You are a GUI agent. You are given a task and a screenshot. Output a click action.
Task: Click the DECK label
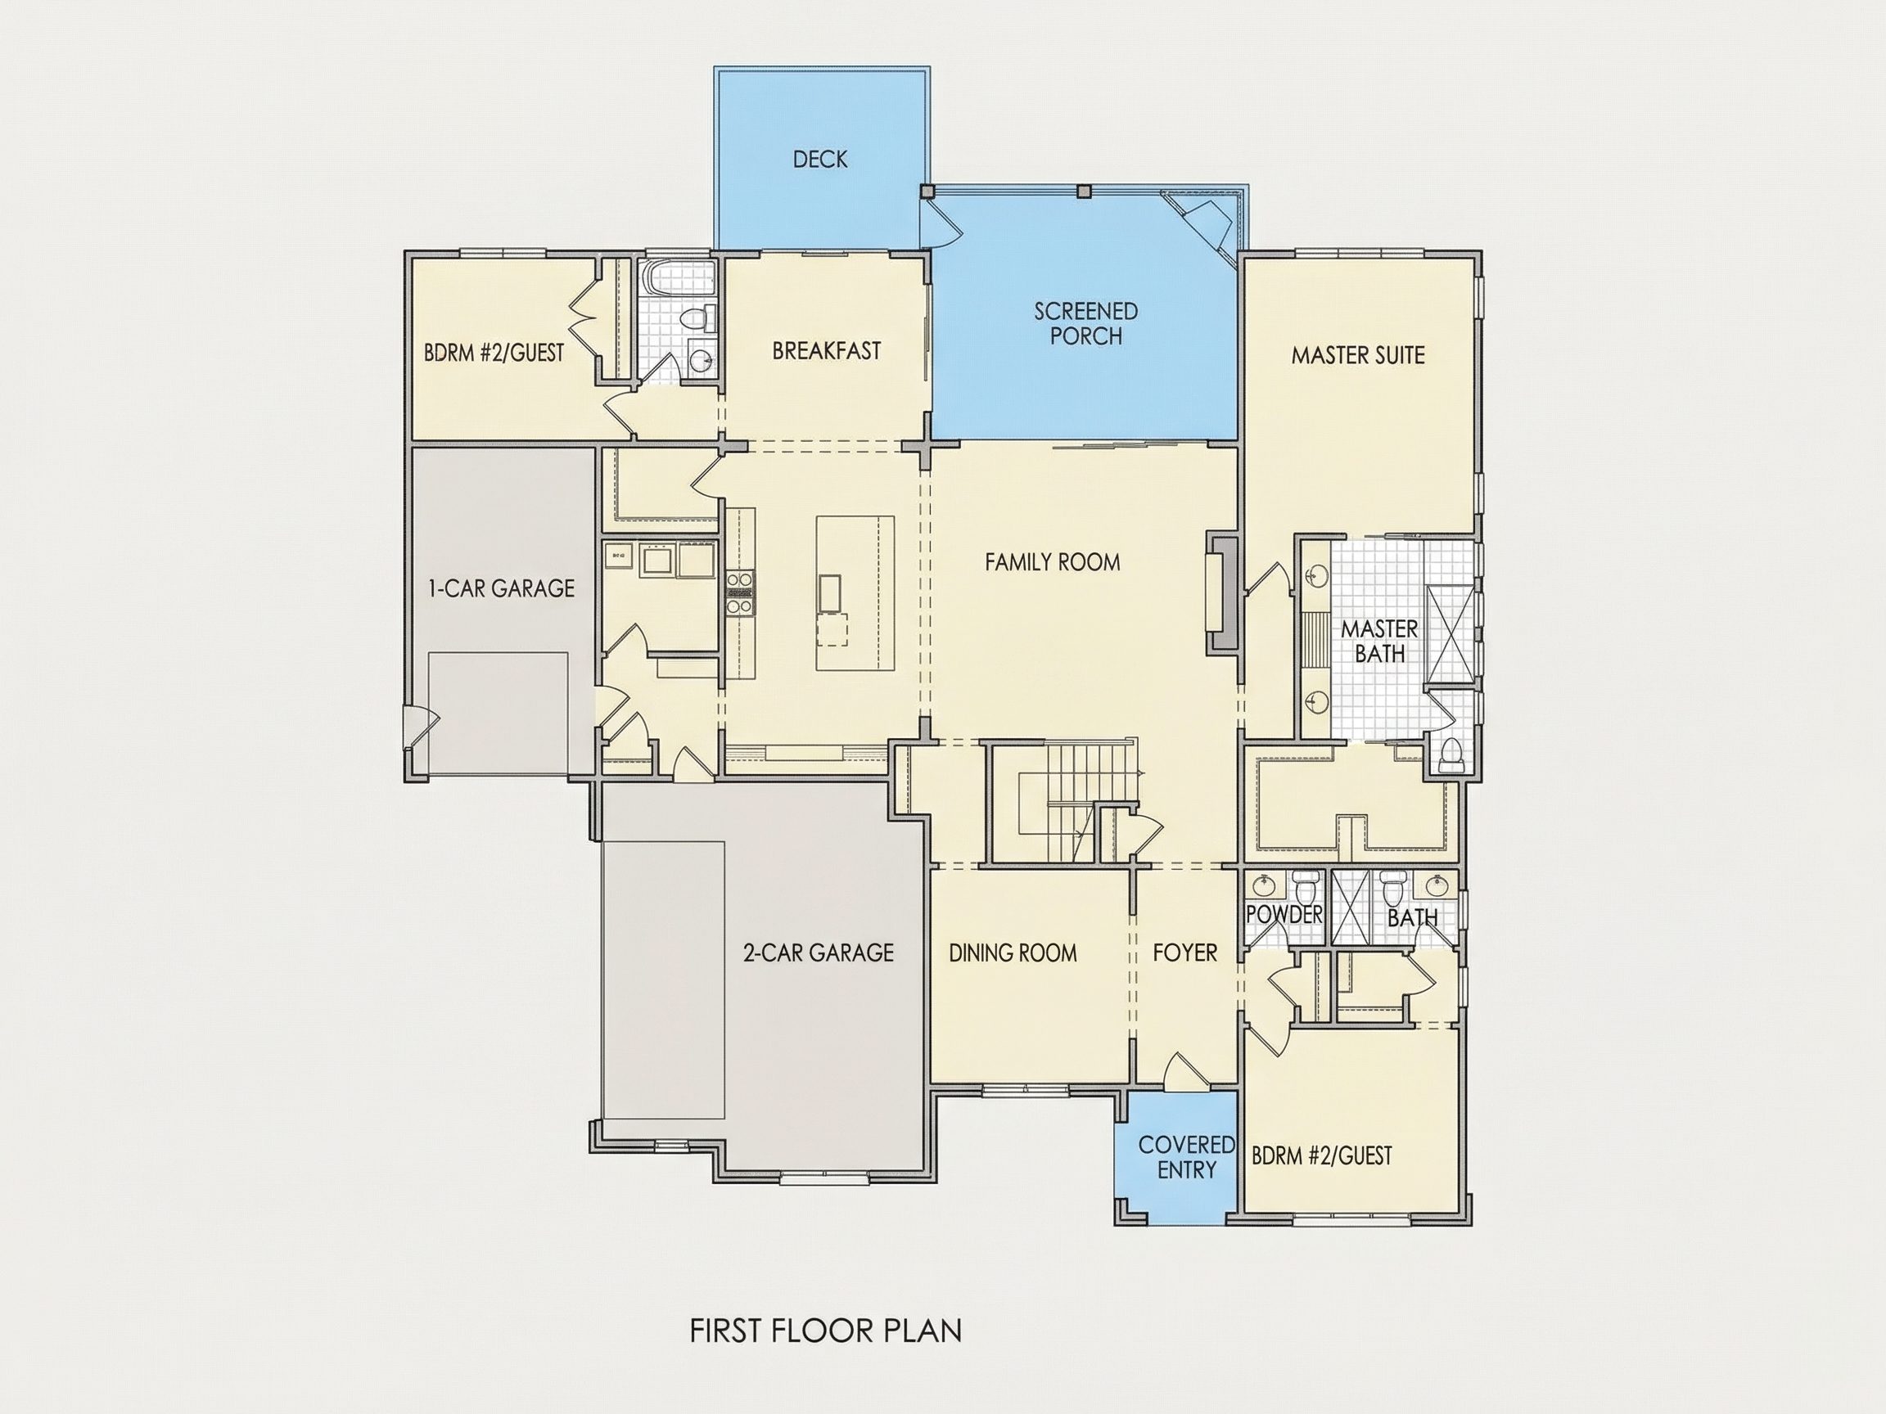pos(820,160)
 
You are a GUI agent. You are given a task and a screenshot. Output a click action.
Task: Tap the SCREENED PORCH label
pos(1085,323)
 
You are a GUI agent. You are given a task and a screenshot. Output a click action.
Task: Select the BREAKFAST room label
pos(826,351)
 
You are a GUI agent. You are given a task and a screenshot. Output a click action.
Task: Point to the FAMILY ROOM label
pos(1052,561)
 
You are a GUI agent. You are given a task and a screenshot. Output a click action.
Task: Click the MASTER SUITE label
pos(1357,355)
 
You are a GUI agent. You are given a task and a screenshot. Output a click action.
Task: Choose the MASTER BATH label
pos(1378,641)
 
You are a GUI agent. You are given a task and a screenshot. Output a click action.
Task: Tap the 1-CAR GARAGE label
pos(501,588)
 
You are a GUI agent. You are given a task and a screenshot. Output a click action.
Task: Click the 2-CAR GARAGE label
pos(818,952)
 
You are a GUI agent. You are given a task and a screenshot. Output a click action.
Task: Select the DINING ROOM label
pos(1013,952)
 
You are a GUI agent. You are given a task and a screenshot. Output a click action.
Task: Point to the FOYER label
pos(1184,952)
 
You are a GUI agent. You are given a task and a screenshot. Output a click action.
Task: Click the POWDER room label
pos(1284,915)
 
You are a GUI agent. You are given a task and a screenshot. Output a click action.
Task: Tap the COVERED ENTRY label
pos(1187,1157)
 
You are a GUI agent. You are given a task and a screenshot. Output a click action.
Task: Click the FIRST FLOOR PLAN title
pos(825,1331)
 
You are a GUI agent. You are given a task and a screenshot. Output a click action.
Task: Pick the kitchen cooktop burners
pos(739,593)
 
